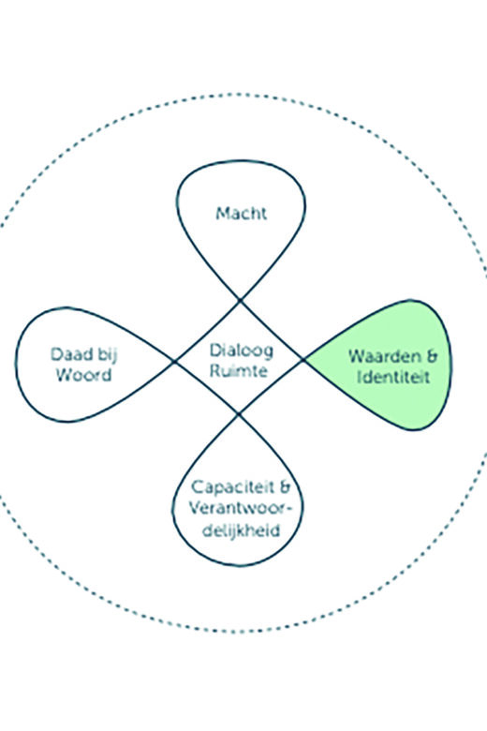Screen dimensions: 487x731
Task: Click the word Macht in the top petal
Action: (241, 214)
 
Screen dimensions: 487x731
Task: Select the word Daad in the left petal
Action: (68, 354)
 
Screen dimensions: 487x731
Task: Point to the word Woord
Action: (84, 375)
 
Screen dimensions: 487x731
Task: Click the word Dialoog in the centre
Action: (241, 351)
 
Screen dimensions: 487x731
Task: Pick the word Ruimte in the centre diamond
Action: (239, 371)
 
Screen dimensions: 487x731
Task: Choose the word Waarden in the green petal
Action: (383, 357)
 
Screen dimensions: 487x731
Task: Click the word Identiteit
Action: (392, 377)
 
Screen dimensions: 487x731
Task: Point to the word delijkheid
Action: (242, 530)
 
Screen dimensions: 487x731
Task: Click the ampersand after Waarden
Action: (431, 357)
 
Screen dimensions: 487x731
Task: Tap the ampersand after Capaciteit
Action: (284, 487)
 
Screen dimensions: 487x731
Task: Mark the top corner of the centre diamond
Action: (241, 301)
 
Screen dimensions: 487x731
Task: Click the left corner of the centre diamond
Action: (174, 362)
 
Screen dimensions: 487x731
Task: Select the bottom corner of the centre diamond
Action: (239, 414)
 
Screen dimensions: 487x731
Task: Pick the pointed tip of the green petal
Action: (304, 360)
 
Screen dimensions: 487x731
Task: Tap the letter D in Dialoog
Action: (215, 351)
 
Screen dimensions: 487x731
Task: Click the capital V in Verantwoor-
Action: (195, 508)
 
